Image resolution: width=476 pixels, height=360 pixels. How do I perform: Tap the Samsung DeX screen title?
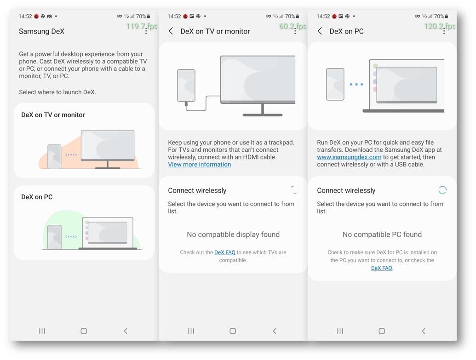tap(41, 31)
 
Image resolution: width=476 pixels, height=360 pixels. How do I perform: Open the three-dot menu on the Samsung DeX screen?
tap(146, 31)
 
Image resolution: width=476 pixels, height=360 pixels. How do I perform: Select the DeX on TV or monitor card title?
tap(53, 115)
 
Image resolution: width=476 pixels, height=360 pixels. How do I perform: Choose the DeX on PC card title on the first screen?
tap(37, 197)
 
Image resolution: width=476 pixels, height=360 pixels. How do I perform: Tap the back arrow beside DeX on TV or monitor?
tap(171, 31)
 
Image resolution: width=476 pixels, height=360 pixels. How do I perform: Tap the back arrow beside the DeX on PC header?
tap(320, 31)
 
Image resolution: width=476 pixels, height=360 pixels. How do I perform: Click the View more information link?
tap(200, 165)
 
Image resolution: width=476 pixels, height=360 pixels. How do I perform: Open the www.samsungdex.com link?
tap(349, 157)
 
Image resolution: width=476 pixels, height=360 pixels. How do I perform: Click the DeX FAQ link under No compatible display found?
tap(224, 252)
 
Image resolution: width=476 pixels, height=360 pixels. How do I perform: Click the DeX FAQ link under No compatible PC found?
tap(382, 268)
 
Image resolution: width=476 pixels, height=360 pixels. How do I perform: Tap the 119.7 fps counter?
tap(142, 26)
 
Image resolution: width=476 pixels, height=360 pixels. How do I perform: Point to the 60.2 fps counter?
tap(292, 26)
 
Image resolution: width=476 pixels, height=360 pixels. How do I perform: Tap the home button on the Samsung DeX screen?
tap(84, 331)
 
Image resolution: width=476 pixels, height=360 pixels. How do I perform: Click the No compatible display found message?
tap(233, 234)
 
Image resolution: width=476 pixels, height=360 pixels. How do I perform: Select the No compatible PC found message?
tap(382, 234)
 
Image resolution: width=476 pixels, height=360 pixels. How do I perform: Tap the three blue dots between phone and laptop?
tap(356, 85)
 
